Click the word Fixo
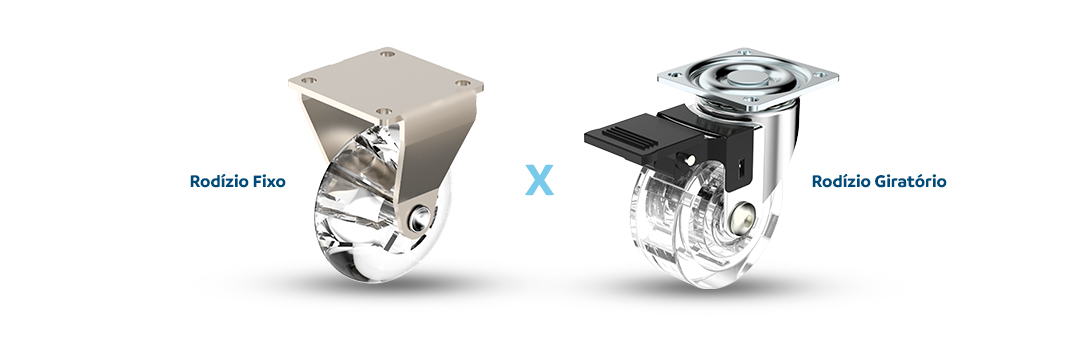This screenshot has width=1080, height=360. pos(269,181)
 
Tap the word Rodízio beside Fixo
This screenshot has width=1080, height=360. pos(219,181)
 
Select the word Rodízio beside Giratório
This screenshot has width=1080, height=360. pos(840,181)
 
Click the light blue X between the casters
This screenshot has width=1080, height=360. pos(539,180)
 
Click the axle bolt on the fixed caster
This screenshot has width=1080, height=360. pos(420,218)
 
